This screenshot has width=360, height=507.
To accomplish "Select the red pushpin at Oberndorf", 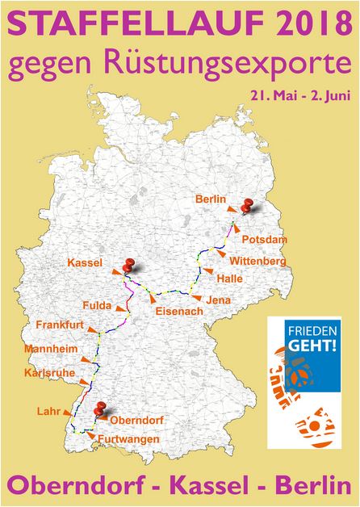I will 99,409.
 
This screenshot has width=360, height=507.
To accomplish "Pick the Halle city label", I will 229,279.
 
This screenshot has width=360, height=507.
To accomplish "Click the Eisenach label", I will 174,310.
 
